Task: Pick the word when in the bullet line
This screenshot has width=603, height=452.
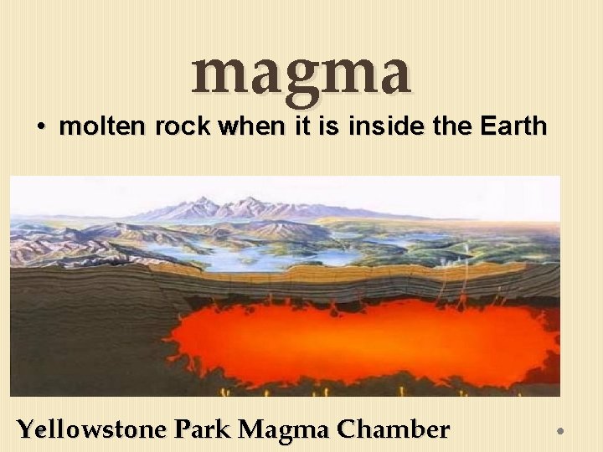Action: pyautogui.click(x=246, y=127)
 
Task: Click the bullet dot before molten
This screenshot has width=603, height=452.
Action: pyautogui.click(x=41, y=128)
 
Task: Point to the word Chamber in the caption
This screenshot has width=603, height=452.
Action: pyautogui.click(x=393, y=430)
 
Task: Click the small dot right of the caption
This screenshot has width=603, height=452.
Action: pyautogui.click(x=561, y=431)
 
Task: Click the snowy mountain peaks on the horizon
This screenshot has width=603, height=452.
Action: pyautogui.click(x=243, y=205)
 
